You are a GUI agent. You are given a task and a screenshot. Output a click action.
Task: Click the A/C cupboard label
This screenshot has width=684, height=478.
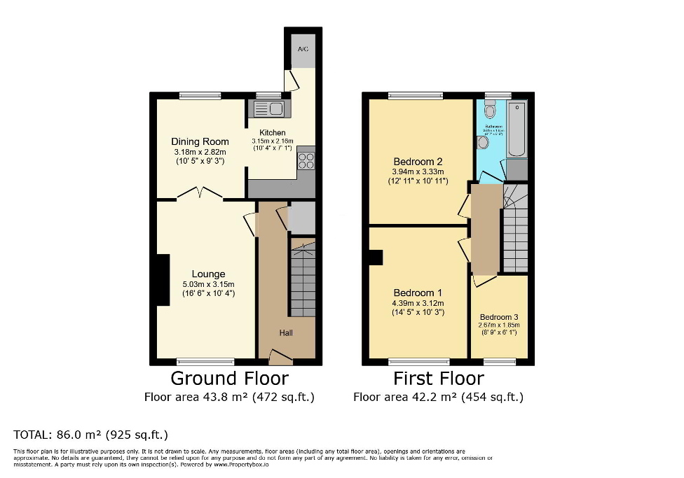(303, 50)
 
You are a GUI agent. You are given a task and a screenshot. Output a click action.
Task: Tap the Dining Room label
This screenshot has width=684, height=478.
(200, 141)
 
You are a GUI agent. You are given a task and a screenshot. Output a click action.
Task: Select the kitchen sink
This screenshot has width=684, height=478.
(267, 108)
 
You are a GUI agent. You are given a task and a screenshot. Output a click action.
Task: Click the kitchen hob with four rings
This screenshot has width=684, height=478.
(306, 160)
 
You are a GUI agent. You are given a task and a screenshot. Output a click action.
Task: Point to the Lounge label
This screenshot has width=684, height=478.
(208, 274)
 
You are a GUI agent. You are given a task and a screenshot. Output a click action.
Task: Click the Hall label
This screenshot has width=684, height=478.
(286, 332)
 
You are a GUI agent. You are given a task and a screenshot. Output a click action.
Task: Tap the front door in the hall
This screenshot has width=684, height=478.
(281, 358)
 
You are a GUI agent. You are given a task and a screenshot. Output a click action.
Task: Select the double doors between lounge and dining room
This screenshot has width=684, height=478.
(200, 194)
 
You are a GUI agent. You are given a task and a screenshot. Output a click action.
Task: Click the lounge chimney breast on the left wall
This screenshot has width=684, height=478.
(163, 280)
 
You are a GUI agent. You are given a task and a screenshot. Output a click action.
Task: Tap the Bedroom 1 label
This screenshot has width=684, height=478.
(418, 293)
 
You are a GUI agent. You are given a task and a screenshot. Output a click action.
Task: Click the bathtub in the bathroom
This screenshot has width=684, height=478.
(517, 129)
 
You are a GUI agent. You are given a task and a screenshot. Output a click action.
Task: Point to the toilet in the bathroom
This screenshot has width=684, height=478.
(490, 109)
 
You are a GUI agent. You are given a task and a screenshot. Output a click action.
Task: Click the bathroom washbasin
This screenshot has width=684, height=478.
(483, 142)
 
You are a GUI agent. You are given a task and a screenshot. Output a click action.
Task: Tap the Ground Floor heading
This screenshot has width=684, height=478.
(229, 379)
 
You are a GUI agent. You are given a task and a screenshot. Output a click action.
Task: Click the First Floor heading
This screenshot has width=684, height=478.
(438, 379)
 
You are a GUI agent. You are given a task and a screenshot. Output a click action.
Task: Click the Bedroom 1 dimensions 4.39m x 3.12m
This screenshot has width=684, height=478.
(418, 303)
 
